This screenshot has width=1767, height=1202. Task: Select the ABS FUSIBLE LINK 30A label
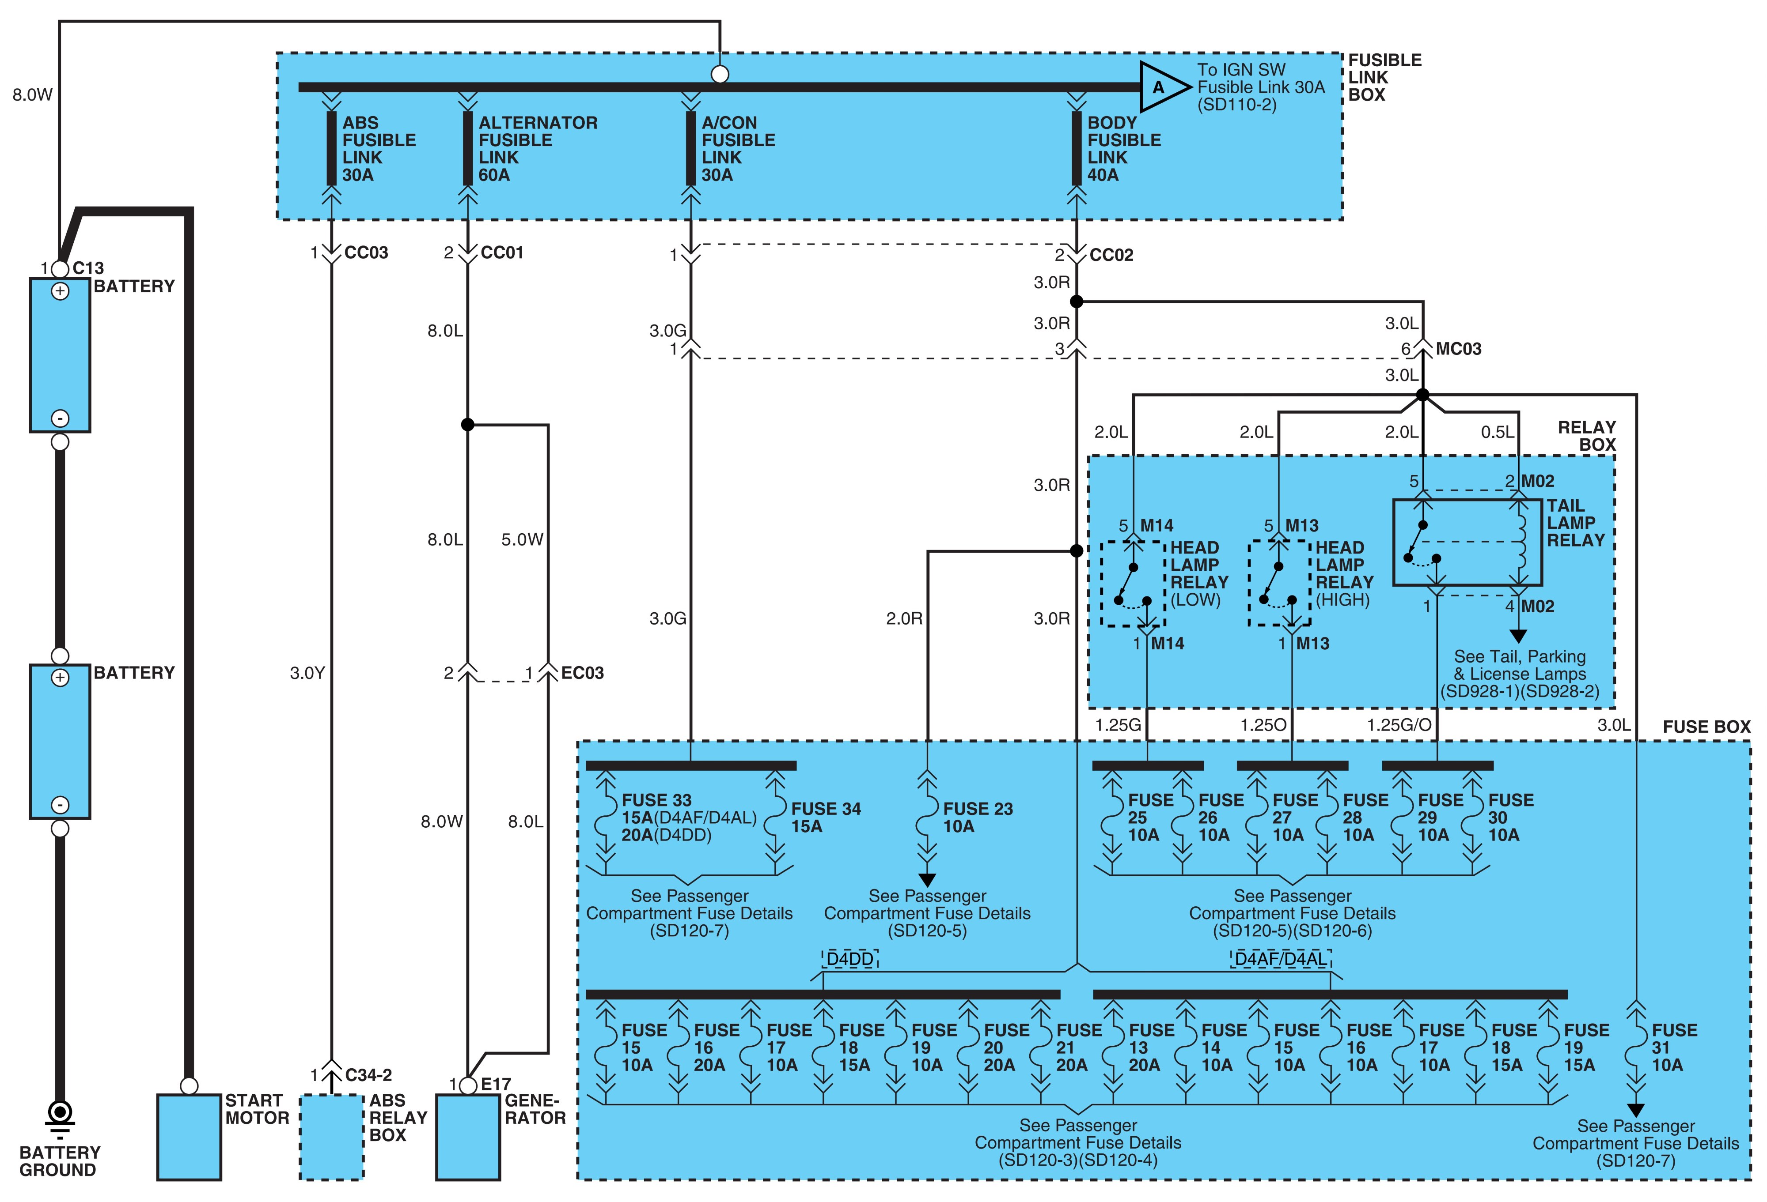click(379, 149)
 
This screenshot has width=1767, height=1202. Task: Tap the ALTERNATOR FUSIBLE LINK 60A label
click(538, 149)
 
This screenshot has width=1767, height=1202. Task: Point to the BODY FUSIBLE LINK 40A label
click(1124, 149)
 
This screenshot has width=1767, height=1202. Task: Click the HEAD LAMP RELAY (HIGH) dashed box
click(1279, 584)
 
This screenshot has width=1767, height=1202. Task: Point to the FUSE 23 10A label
click(978, 818)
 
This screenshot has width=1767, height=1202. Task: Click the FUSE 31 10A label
click(1674, 1048)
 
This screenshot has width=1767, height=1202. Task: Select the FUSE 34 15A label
click(826, 818)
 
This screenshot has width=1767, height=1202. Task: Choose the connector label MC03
click(1458, 349)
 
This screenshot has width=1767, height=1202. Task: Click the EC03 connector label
click(582, 673)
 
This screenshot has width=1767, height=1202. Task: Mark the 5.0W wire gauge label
click(522, 539)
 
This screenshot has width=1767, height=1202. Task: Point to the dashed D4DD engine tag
click(850, 959)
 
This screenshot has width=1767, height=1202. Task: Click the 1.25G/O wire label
click(1399, 725)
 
